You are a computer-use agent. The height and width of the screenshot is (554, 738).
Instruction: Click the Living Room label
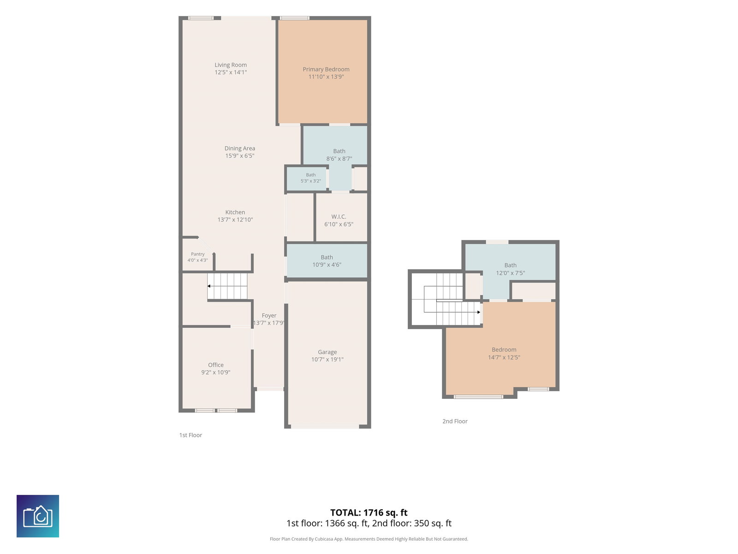(x=231, y=65)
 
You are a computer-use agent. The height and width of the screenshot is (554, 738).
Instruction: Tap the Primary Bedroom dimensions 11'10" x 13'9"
(x=326, y=77)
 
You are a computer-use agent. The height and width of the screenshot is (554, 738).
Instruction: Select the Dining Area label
(x=240, y=148)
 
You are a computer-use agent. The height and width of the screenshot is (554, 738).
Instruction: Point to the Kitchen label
(x=235, y=212)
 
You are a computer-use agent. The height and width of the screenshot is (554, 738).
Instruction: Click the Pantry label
(x=198, y=254)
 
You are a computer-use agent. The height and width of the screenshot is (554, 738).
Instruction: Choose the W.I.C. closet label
(x=339, y=217)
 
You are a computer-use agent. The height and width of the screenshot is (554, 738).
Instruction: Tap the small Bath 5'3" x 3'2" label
(x=311, y=178)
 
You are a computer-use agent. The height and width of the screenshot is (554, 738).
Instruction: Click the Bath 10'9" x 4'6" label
(x=327, y=261)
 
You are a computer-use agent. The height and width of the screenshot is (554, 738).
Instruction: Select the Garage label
(x=327, y=352)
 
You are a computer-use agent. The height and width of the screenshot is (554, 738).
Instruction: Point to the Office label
(x=215, y=365)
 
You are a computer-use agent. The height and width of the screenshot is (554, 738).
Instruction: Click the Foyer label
(x=269, y=315)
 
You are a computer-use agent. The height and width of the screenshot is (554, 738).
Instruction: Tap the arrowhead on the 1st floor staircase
(x=209, y=286)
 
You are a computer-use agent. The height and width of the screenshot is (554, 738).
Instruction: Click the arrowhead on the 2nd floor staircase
(x=479, y=312)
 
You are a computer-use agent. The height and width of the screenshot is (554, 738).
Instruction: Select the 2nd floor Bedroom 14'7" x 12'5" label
(x=504, y=354)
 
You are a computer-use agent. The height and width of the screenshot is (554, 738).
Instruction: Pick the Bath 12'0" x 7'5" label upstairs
(x=511, y=269)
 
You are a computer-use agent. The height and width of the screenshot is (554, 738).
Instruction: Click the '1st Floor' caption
(x=190, y=435)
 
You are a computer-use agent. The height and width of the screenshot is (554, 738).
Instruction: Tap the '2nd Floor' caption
(x=455, y=422)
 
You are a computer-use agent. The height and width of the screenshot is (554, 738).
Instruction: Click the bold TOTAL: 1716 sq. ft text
(x=369, y=512)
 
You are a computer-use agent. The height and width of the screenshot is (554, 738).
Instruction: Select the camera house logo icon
(x=38, y=516)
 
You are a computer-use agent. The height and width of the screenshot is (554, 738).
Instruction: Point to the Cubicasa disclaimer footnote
(x=369, y=539)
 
